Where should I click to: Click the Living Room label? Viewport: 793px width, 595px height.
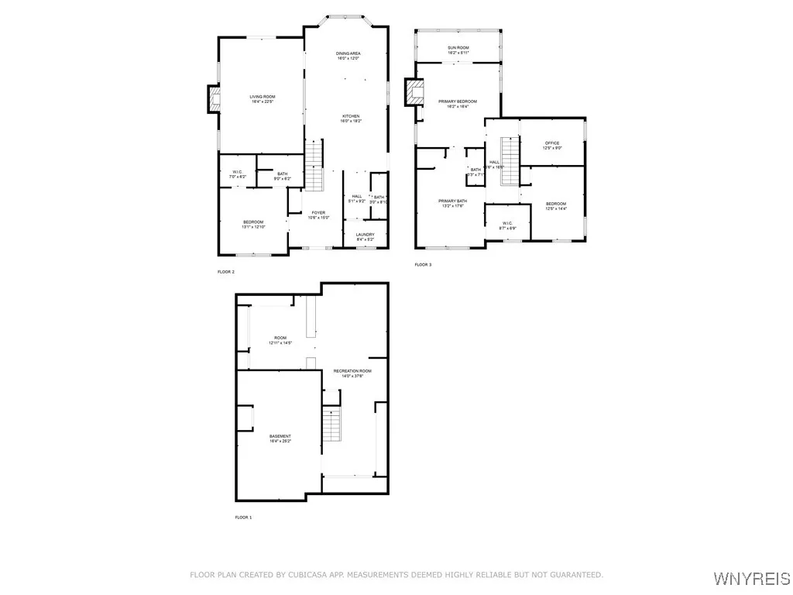(x=263, y=97)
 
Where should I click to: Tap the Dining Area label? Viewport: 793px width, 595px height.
(x=348, y=53)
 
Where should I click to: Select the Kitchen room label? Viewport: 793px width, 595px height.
(x=351, y=116)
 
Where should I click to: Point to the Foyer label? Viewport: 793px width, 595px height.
(x=318, y=213)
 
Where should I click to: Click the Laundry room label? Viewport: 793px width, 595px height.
(x=366, y=235)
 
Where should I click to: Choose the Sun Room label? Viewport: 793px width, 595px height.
(x=458, y=48)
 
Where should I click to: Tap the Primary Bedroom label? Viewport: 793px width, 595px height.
(x=457, y=101)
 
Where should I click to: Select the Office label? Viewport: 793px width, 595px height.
(x=552, y=143)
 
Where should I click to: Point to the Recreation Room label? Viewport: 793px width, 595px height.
(x=352, y=371)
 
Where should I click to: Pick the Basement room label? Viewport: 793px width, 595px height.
(x=280, y=436)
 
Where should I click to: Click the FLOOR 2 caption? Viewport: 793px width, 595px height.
(x=226, y=272)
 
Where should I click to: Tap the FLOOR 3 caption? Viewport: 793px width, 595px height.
(x=423, y=265)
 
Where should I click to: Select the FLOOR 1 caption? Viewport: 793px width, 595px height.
(x=243, y=517)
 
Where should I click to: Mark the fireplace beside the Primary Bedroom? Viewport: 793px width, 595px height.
(x=417, y=93)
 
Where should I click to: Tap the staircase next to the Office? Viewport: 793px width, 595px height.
(x=509, y=161)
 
